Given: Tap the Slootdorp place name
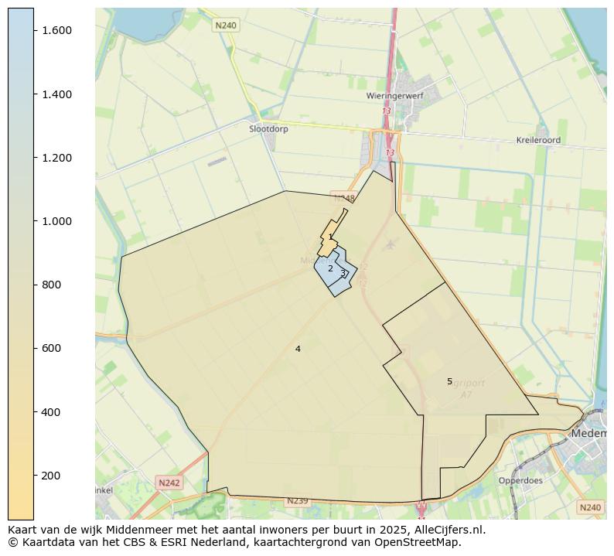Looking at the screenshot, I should [268, 129].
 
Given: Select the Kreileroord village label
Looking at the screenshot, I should [538, 141].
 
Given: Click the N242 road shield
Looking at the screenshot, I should [169, 483].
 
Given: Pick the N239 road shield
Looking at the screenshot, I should [297, 501].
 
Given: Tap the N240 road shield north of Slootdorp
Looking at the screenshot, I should [226, 26].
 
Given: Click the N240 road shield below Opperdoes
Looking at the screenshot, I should [589, 507].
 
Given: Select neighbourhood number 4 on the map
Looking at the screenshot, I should [298, 350].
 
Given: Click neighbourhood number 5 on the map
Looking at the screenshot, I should [449, 382].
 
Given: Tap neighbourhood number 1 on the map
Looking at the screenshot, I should [330, 237].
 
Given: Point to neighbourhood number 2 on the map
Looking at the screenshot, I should [330, 269].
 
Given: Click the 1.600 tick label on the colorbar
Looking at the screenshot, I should [57, 30].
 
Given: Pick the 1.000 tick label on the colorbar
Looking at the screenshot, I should [57, 221].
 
